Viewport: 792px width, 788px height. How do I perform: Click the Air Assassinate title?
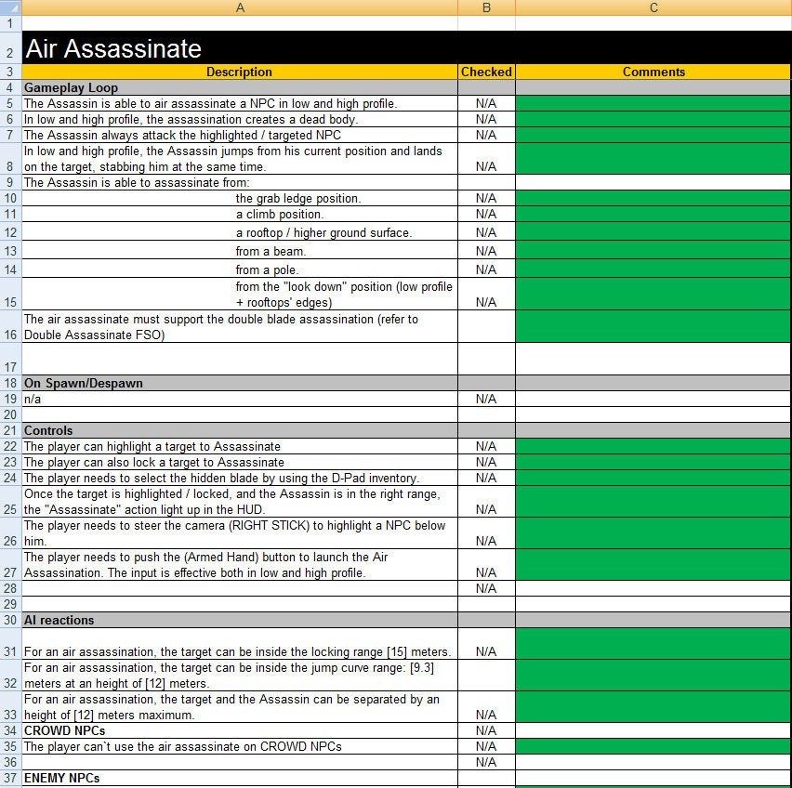coord(112,48)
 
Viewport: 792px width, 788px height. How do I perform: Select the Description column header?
coord(239,72)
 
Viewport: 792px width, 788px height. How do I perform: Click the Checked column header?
coord(486,72)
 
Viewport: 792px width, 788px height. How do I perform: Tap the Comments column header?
coord(653,72)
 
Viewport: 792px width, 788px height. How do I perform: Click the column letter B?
coord(486,7)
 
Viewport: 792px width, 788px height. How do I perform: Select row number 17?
coord(10,366)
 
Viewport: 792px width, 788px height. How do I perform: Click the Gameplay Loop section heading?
coord(71,87)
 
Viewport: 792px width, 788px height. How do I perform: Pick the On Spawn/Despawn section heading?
coord(83,383)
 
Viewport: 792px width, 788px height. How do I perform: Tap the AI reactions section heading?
coord(59,620)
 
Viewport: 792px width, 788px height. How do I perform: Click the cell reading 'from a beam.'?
coord(271,251)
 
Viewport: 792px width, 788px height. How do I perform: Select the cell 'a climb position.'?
coord(279,214)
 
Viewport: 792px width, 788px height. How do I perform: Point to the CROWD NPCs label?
coord(64,730)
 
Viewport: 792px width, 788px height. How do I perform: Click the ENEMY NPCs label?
coord(61,777)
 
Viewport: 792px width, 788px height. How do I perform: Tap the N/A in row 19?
coord(486,399)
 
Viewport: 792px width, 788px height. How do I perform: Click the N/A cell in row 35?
coord(486,746)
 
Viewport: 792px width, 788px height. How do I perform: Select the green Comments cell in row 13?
coord(653,251)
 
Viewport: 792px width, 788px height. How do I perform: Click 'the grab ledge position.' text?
coord(297,198)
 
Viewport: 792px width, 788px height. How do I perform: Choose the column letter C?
coord(653,7)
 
